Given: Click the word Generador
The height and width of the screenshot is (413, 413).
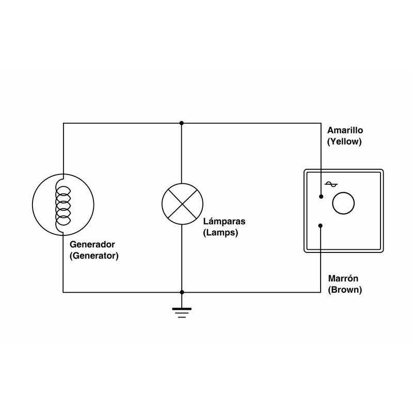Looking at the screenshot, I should pyautogui.click(x=92, y=244).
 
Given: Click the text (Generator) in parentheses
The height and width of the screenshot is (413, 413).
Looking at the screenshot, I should pyautogui.click(x=93, y=255).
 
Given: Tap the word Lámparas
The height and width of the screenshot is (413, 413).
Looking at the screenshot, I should pyautogui.click(x=224, y=221).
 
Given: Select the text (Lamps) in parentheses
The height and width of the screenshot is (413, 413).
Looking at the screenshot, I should pyautogui.click(x=221, y=232).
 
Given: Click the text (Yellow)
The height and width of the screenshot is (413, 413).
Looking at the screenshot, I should pyautogui.click(x=345, y=141).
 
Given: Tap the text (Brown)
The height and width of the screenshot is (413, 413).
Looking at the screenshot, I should pyautogui.click(x=345, y=290).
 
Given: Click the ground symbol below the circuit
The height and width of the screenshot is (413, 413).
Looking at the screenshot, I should pyautogui.click(x=181, y=311).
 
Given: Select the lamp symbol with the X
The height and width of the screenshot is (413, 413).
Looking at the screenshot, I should pyautogui.click(x=181, y=203).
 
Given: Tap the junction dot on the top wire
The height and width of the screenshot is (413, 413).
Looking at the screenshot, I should pyautogui.click(x=181, y=123).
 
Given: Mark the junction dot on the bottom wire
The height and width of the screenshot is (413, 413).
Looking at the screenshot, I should pyautogui.click(x=181, y=292).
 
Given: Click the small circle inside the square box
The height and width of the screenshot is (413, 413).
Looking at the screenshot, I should pyautogui.click(x=343, y=203).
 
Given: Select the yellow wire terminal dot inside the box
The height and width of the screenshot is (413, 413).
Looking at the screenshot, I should pyautogui.click(x=321, y=197).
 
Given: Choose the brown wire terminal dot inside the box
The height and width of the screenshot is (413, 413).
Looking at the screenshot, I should pyautogui.click(x=321, y=225).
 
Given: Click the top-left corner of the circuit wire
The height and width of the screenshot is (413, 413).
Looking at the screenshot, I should pyautogui.click(x=63, y=123).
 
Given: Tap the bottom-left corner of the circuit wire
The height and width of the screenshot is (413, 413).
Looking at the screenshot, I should pyautogui.click(x=63, y=292).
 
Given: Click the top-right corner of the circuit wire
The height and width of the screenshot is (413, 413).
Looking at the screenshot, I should pyautogui.click(x=321, y=123).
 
